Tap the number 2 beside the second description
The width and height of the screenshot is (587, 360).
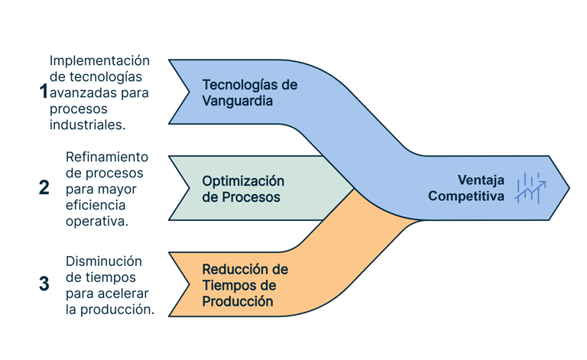[44, 187]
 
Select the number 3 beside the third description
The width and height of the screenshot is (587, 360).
[44, 284]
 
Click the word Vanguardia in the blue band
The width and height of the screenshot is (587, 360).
[238, 100]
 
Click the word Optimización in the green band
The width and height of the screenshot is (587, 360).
[243, 180]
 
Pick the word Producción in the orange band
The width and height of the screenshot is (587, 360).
[238, 301]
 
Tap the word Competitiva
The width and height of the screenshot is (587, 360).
[465, 196]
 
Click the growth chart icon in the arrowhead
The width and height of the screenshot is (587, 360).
[530, 187]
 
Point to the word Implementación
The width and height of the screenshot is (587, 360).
[99, 61]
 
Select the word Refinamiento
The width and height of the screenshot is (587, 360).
[107, 157]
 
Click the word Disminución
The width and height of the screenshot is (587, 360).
[105, 260]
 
